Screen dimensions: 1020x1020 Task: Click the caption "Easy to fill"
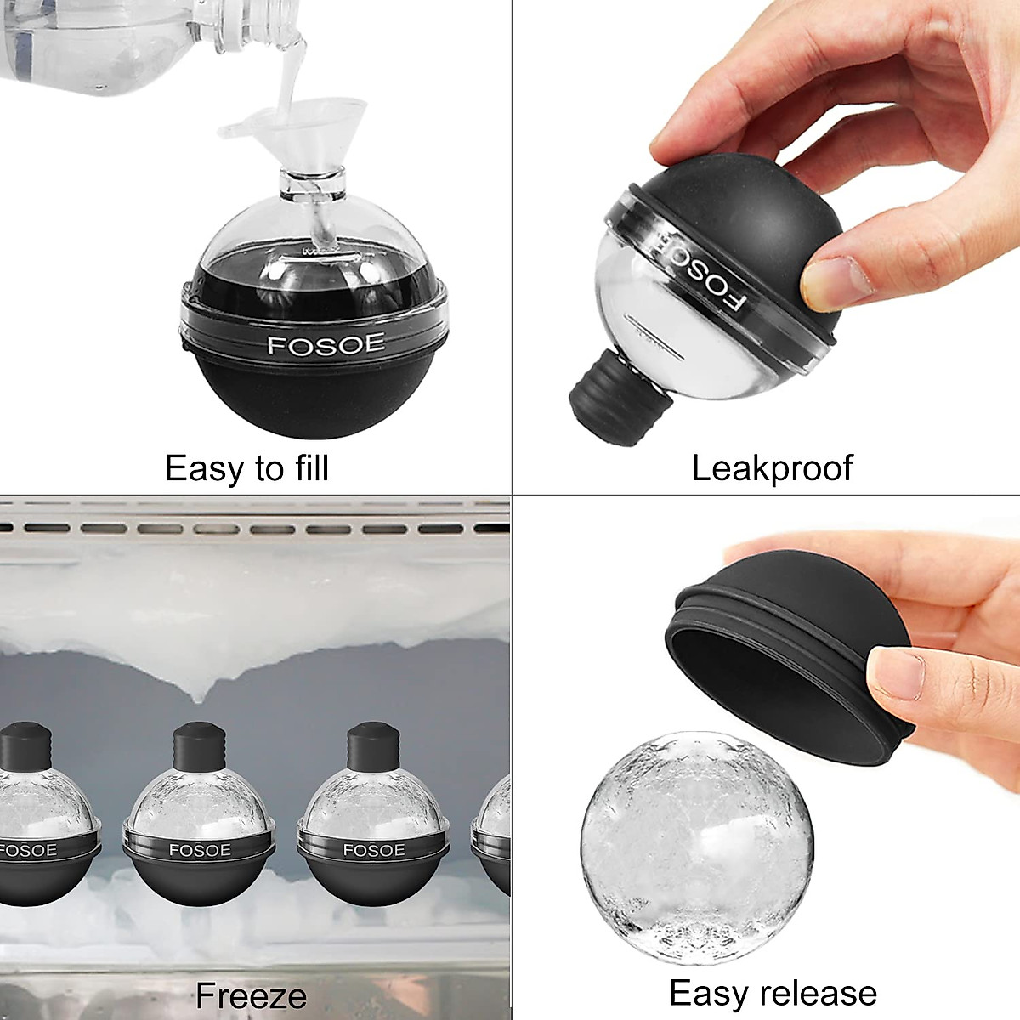(246, 468)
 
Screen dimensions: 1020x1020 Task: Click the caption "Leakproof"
(772, 468)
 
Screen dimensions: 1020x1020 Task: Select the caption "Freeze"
(251, 995)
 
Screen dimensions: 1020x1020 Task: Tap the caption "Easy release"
(773, 993)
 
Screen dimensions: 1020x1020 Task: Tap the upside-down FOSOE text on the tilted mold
(699, 275)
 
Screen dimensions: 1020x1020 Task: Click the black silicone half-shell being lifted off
(790, 646)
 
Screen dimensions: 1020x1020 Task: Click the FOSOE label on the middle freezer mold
(198, 850)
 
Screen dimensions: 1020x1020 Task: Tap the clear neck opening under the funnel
(312, 182)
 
